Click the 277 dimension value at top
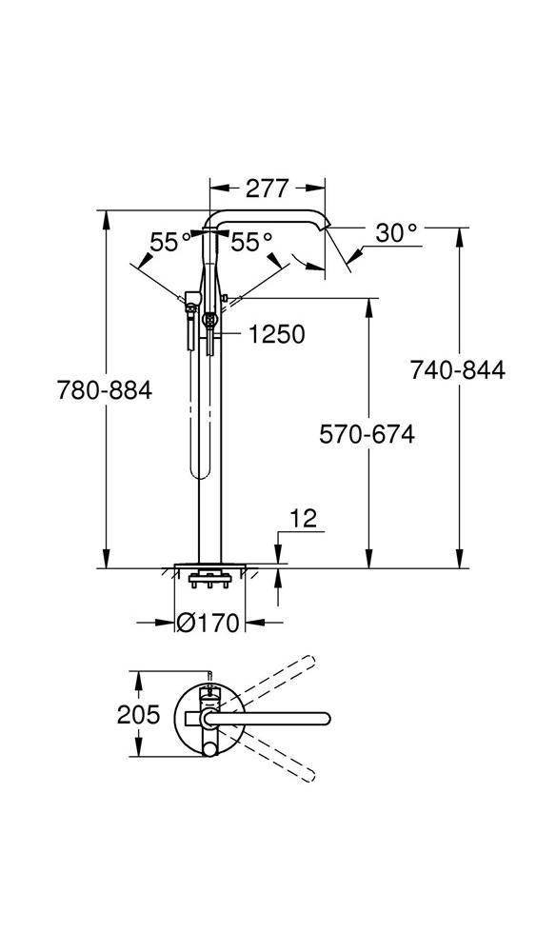[x=268, y=188]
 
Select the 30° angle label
[x=395, y=232]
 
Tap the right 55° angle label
[x=251, y=243]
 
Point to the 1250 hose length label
[x=276, y=335]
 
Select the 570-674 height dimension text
[x=367, y=435]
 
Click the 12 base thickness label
[x=304, y=519]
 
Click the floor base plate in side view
[x=209, y=565]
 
